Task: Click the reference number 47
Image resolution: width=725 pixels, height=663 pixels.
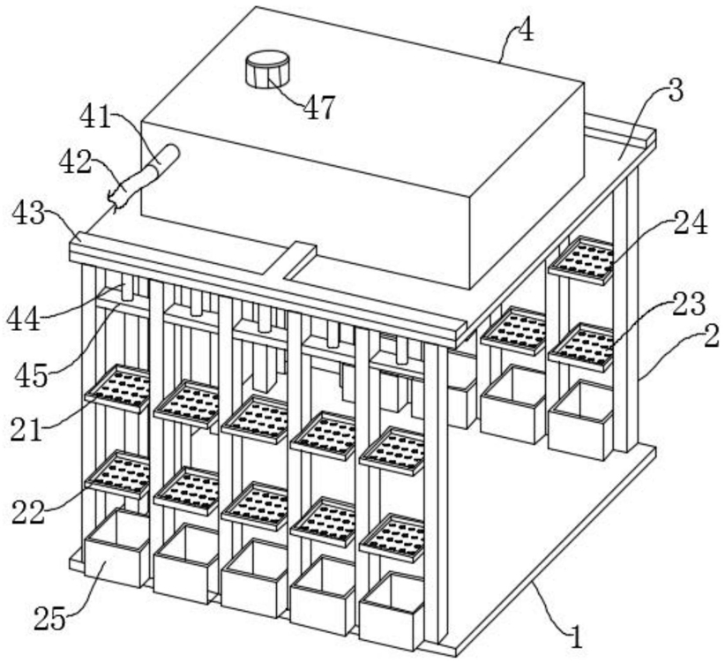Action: click(x=318, y=109)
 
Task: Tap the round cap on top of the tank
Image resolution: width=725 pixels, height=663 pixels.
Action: click(x=267, y=70)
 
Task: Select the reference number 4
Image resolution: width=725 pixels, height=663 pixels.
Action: click(x=526, y=31)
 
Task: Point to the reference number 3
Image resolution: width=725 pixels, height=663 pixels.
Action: click(x=676, y=91)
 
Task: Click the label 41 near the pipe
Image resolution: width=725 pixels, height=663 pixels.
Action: click(x=96, y=117)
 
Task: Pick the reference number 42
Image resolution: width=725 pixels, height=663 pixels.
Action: click(x=75, y=162)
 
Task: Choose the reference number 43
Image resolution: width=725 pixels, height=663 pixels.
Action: click(x=29, y=214)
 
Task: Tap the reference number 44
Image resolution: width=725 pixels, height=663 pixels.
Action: click(x=23, y=320)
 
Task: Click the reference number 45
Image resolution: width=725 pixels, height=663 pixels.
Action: click(x=32, y=375)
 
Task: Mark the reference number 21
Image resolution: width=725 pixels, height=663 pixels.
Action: click(x=26, y=431)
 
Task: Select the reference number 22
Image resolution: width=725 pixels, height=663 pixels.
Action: click(x=28, y=512)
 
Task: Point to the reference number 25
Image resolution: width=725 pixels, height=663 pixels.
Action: click(x=50, y=619)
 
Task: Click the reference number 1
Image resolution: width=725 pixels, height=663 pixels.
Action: click(x=576, y=637)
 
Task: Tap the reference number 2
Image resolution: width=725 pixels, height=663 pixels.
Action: click(x=711, y=335)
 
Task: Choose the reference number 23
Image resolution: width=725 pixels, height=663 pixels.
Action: click(x=689, y=305)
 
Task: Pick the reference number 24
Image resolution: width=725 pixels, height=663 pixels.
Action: click(x=691, y=223)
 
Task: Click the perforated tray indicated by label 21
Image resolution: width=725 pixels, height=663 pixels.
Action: click(x=117, y=388)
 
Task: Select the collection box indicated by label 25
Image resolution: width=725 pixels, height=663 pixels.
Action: click(x=116, y=548)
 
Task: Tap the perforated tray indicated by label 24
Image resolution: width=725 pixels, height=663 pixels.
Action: click(x=580, y=260)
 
